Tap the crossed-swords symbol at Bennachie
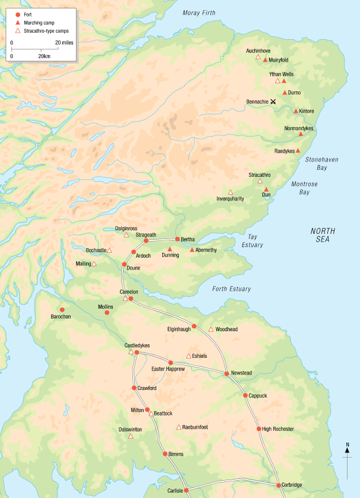(273, 102)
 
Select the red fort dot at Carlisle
(186, 490)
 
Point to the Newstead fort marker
(227, 373)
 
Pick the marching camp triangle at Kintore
(296, 111)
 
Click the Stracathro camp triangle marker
(260, 181)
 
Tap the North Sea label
(323, 235)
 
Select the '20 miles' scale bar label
(65, 43)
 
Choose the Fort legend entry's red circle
(18, 13)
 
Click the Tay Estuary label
(252, 240)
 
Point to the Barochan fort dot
(62, 310)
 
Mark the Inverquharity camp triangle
(230, 192)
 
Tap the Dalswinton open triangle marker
(131, 436)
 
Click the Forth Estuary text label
(232, 289)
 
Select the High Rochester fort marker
(258, 429)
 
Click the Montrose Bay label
(305, 188)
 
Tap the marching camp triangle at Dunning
(170, 249)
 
